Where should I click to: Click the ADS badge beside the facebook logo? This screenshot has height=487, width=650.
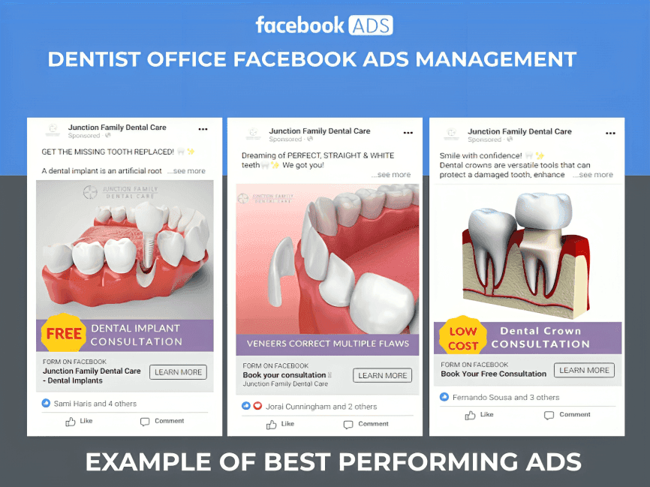pyautogui.click(x=370, y=25)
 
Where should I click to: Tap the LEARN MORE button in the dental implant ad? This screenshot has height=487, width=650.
pyautogui.click(x=178, y=372)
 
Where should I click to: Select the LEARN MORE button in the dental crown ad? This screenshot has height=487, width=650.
pyautogui.click(x=584, y=370)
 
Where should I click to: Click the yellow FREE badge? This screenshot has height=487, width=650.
pyautogui.click(x=65, y=335)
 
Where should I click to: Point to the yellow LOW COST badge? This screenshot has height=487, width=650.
pyautogui.click(x=463, y=338)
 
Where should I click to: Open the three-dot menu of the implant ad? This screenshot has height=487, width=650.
pyautogui.click(x=203, y=129)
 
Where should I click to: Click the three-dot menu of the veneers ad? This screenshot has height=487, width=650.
pyautogui.click(x=408, y=133)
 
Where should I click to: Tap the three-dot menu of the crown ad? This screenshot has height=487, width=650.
pyautogui.click(x=607, y=132)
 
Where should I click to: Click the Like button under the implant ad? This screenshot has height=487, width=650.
pyautogui.click(x=80, y=421)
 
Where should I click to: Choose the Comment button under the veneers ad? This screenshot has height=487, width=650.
pyautogui.click(x=366, y=424)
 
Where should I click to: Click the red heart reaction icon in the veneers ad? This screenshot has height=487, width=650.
pyautogui.click(x=257, y=406)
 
